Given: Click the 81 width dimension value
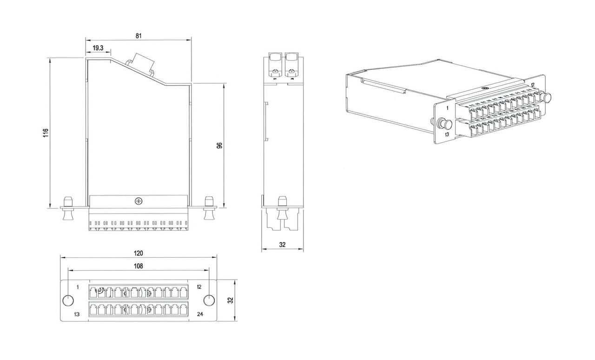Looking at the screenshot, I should click(x=139, y=35).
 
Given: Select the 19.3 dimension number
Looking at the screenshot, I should click(x=98, y=48).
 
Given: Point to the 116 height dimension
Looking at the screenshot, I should click(x=45, y=133).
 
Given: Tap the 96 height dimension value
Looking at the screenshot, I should click(x=219, y=145).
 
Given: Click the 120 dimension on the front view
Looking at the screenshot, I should click(x=139, y=253).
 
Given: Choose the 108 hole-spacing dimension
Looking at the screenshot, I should click(x=139, y=266).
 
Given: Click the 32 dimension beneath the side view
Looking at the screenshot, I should click(x=282, y=245).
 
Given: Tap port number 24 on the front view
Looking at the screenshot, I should click(x=200, y=314).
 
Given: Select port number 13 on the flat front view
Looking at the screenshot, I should click(x=77, y=314).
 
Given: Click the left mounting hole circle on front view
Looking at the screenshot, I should click(x=68, y=300).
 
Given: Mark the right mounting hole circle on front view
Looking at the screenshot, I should click(x=209, y=300).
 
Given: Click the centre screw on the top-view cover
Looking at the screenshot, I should click(x=138, y=201).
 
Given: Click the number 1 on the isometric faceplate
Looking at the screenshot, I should click(x=447, y=108).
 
